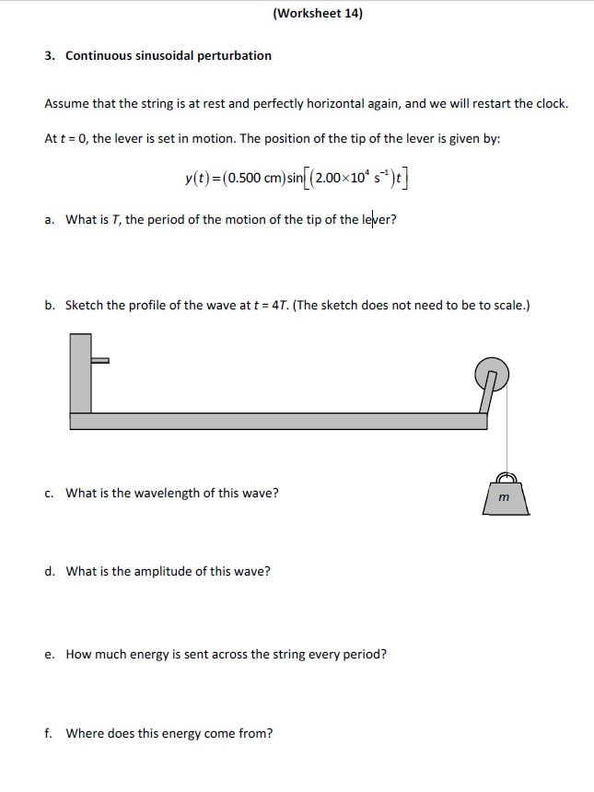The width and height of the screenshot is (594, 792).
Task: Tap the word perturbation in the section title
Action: click(x=235, y=56)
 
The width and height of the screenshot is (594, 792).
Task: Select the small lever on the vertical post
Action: click(x=100, y=360)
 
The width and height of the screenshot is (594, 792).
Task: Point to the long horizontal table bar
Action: click(x=276, y=421)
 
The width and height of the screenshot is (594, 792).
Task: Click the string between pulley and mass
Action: click(x=505, y=433)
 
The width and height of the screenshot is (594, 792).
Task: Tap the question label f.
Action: click(x=48, y=734)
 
